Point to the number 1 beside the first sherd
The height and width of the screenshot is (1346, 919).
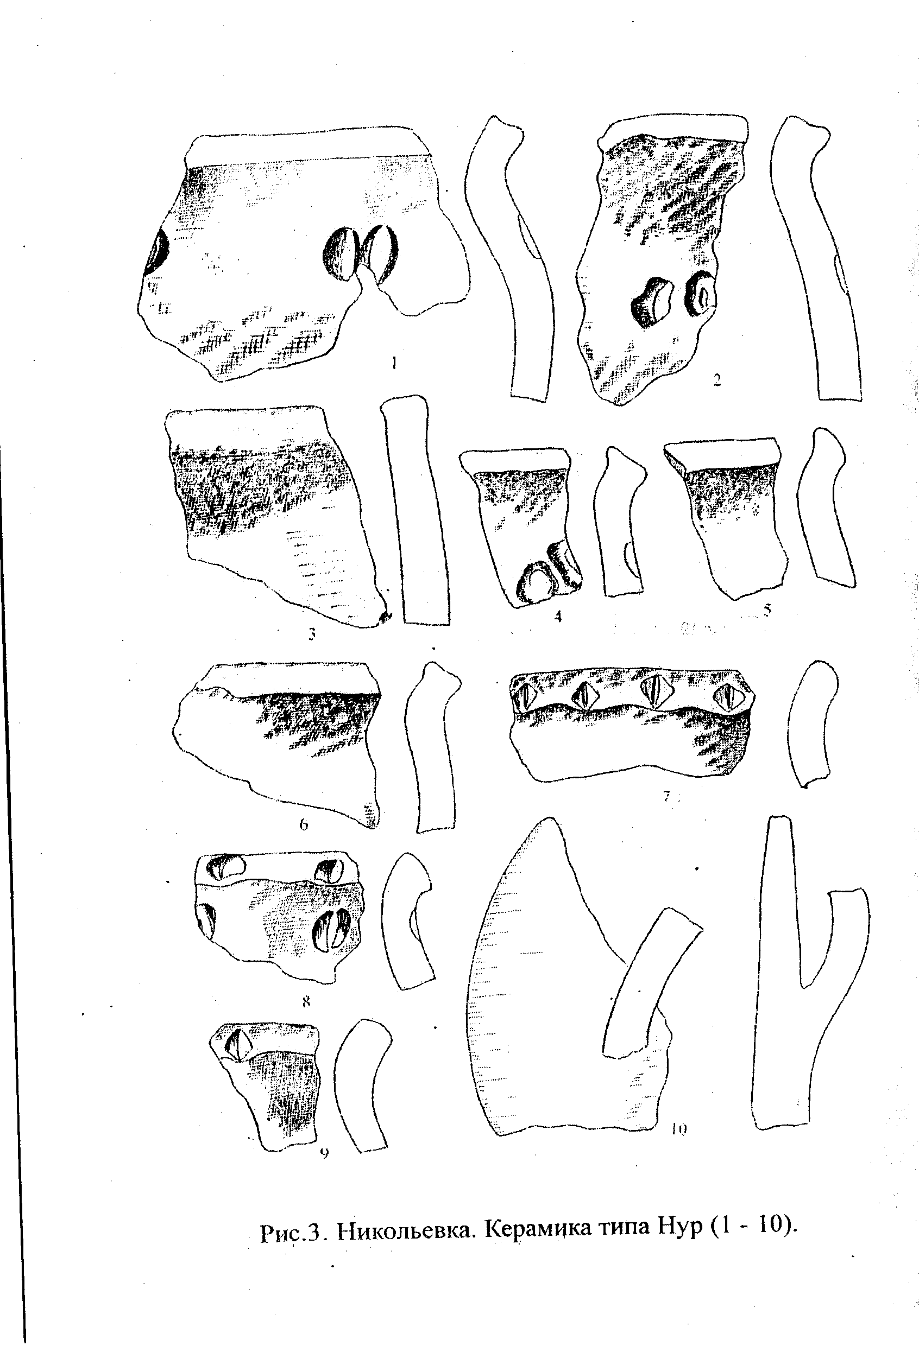[x=393, y=363]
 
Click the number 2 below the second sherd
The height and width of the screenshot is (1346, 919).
[x=717, y=380]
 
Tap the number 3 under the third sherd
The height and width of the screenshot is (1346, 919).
[x=312, y=634]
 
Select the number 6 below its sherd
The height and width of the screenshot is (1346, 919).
[x=304, y=825]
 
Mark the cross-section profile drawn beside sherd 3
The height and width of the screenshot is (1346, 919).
[x=414, y=509]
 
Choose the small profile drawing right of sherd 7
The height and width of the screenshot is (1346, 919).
[x=812, y=724]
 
